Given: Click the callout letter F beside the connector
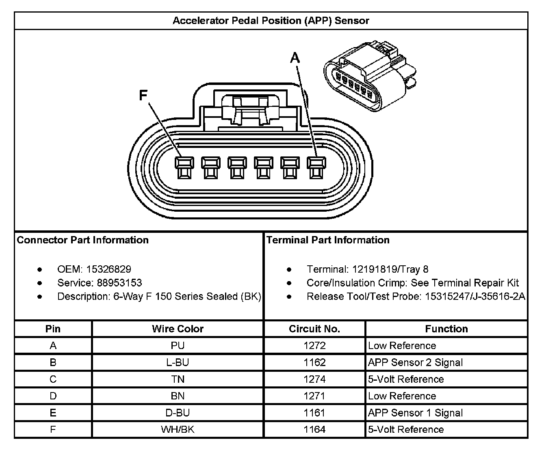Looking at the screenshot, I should (x=143, y=95).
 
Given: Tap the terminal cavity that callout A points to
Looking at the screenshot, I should (x=314, y=168).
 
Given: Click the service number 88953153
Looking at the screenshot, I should (x=119, y=283).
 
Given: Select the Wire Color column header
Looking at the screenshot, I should (x=178, y=329).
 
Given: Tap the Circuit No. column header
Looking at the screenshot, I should (x=314, y=329).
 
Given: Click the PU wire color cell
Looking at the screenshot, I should (x=178, y=346).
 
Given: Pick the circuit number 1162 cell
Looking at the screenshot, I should (x=314, y=362).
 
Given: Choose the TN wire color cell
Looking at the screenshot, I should (x=178, y=379).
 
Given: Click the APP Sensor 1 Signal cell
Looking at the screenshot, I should (x=415, y=413).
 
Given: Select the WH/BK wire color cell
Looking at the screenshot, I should (x=178, y=429).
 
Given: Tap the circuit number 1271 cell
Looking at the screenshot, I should (x=314, y=396).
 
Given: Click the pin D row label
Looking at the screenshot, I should (x=53, y=396).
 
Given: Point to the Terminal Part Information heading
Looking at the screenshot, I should (x=328, y=240).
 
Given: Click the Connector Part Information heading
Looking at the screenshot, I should (x=83, y=240).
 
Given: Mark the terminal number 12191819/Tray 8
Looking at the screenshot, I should (x=390, y=269).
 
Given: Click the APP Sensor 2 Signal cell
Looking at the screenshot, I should (x=415, y=362).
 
